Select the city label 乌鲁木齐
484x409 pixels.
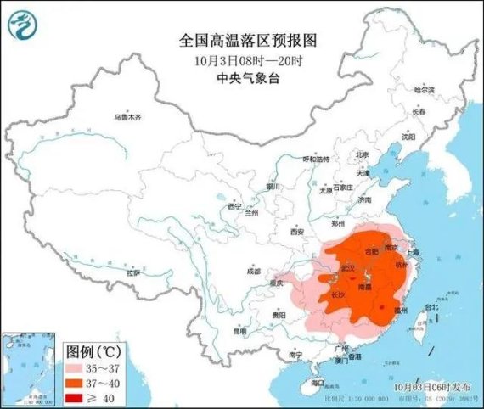[129, 117]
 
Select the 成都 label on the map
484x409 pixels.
[254, 271]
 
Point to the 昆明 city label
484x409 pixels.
[243, 331]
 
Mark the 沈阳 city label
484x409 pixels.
[409, 136]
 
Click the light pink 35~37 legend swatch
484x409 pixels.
[78, 367]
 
